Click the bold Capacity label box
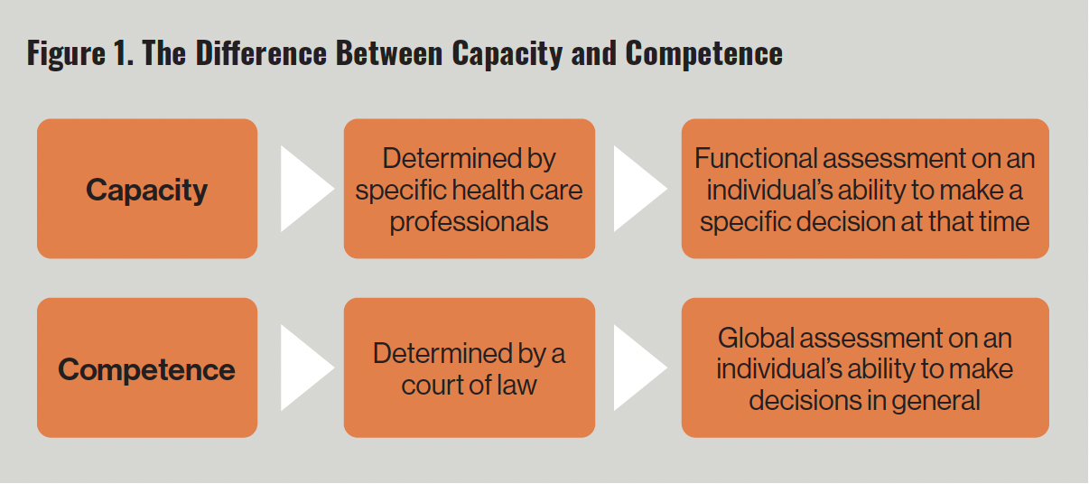click(x=147, y=190)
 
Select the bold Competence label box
click(x=147, y=369)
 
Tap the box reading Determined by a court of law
click(x=469, y=368)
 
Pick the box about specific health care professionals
click(x=469, y=190)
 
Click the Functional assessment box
click(x=864, y=190)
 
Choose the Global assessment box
click(x=864, y=368)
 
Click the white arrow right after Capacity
click(x=306, y=189)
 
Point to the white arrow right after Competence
click(x=306, y=368)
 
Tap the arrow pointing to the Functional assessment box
click(x=639, y=189)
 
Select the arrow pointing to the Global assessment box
click(x=639, y=368)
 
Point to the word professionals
click(x=469, y=222)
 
